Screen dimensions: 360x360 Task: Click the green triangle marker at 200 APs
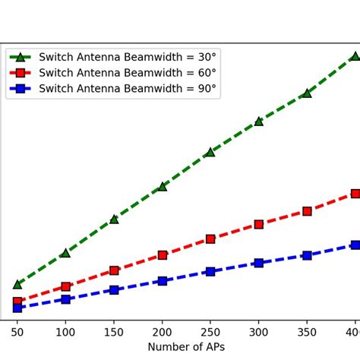coord(162,186)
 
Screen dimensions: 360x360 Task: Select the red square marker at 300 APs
coord(258,224)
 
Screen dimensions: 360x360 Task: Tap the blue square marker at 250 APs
coord(210,271)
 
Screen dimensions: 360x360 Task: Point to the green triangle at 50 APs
coord(17,284)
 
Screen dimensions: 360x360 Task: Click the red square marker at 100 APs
coord(65,286)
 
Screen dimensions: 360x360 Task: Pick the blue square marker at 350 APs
coord(307,255)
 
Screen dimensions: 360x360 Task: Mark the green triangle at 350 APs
coord(307,93)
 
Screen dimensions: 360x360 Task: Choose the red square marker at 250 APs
coord(210,238)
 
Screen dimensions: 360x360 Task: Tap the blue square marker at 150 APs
coord(114,289)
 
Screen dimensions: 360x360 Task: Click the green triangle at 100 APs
coord(65,253)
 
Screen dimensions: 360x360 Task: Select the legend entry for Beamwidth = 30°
coord(127,57)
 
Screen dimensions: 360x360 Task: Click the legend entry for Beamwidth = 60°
coord(127,73)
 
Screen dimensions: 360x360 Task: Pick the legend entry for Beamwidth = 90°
coord(127,89)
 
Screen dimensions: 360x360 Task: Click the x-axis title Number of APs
coord(186,347)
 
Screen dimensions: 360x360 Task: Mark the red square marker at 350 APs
coord(307,211)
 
